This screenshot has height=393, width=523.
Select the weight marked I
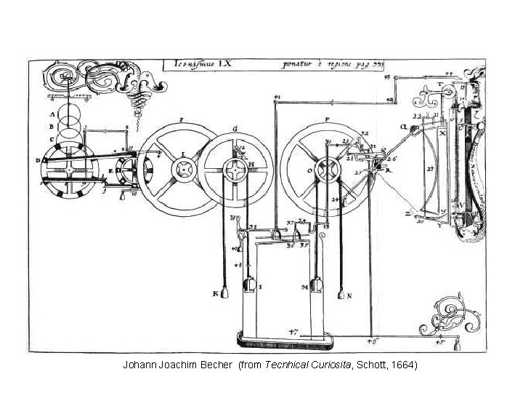(249, 286)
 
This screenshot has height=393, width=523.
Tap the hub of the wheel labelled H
(238, 172)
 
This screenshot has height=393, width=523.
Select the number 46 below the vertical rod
(372, 341)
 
